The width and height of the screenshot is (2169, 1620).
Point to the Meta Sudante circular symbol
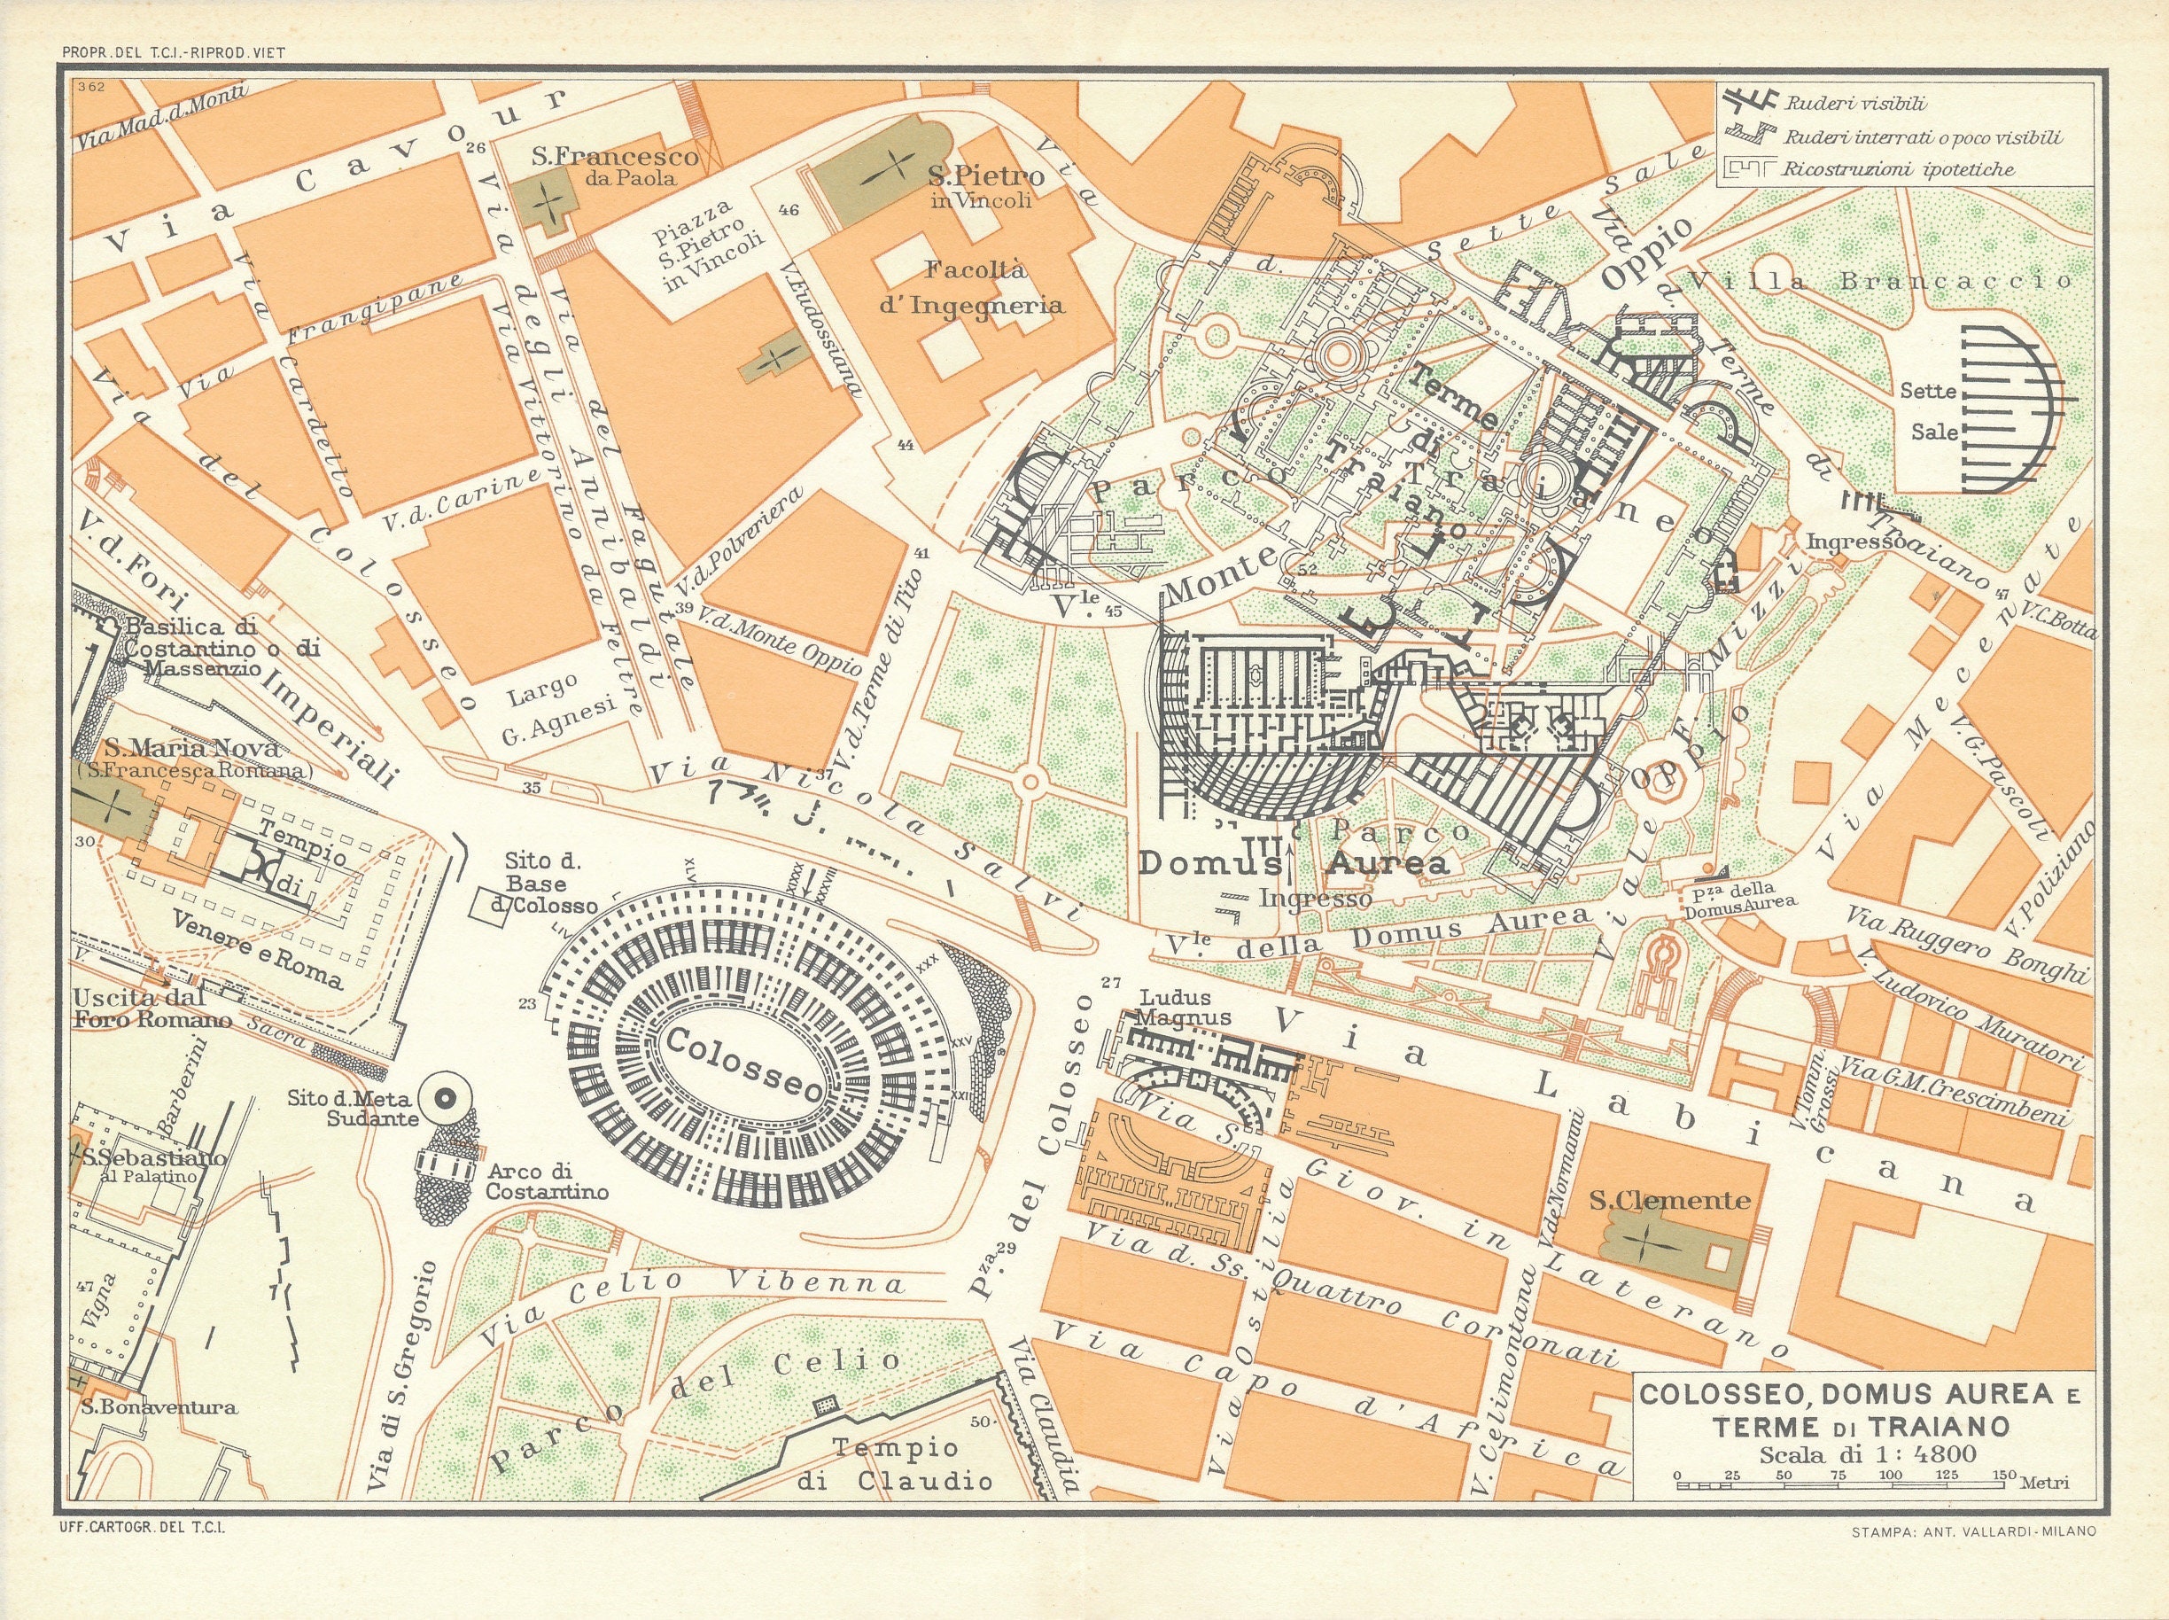441,1101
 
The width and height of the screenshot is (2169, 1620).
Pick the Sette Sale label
1929,411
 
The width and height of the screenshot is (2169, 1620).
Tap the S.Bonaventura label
159,1407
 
